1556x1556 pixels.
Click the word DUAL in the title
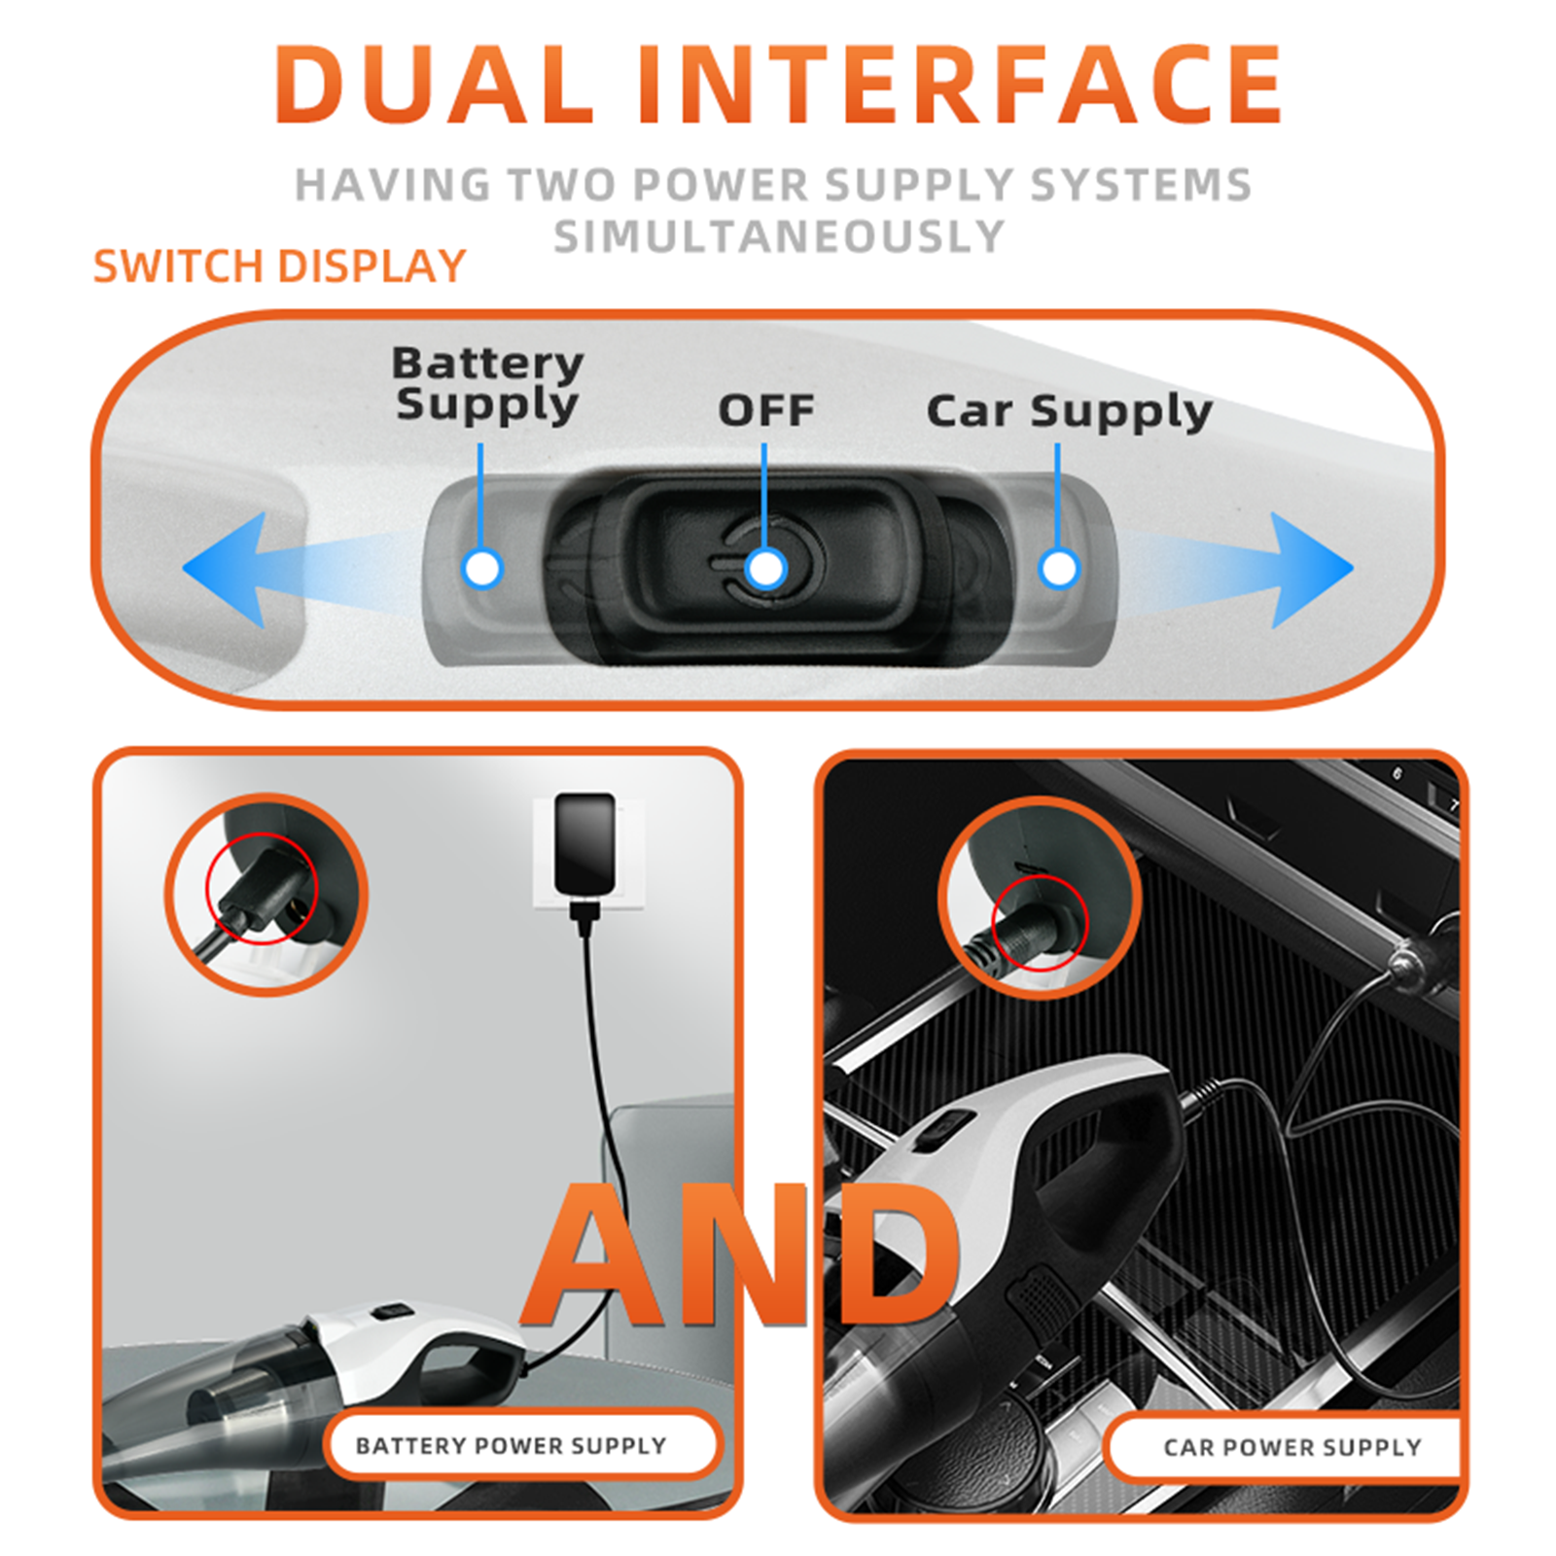[x=435, y=84]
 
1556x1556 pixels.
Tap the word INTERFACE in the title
[x=961, y=84]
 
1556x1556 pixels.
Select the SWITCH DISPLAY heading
[x=280, y=266]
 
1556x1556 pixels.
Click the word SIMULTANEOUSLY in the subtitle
[x=779, y=236]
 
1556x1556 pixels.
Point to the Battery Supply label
[x=487, y=385]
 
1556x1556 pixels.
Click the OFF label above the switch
[x=766, y=410]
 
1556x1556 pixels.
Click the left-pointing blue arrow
[x=292, y=570]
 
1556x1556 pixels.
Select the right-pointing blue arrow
[x=1235, y=570]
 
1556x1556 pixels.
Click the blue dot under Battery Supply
[x=482, y=568]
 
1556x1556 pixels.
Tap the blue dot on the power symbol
[x=766, y=568]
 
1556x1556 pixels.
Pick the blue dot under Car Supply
[x=1059, y=568]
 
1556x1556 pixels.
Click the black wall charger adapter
[x=584, y=843]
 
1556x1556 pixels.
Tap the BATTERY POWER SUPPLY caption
[x=512, y=1446]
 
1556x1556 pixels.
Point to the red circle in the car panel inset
[x=992, y=921]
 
